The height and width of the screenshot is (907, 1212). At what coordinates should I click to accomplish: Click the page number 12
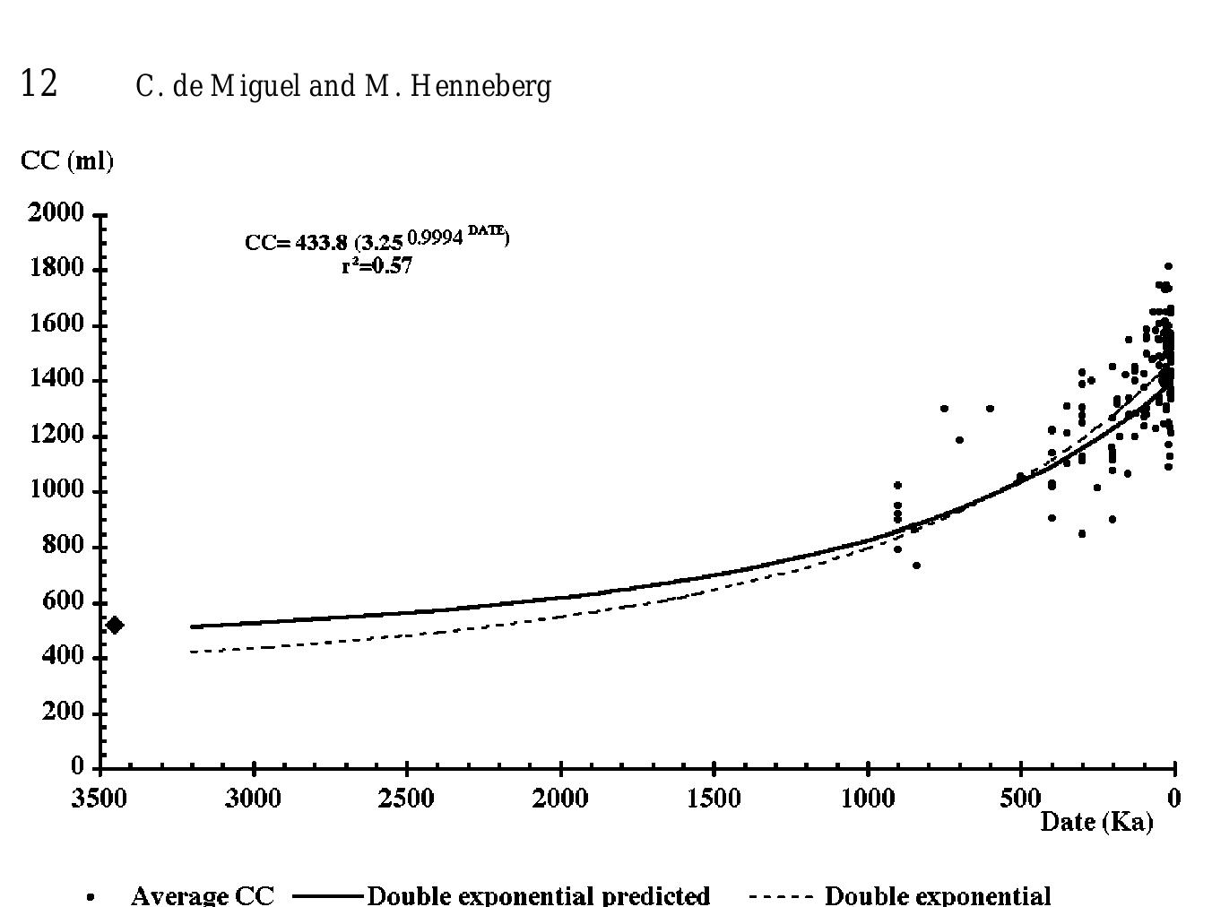pos(39,83)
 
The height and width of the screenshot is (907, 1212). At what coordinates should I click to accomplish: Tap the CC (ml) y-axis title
pos(67,161)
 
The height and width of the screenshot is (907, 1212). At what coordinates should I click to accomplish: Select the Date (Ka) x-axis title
pos(1095,821)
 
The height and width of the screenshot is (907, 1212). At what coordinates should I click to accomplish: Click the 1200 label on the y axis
pos(56,436)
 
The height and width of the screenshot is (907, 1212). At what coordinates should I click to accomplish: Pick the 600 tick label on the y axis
pos(63,601)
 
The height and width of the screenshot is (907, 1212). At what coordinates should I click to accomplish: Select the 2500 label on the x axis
pos(407,798)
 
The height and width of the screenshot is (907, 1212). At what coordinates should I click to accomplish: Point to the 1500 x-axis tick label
pos(714,798)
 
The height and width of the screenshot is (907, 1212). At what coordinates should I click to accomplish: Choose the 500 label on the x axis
pos(1020,798)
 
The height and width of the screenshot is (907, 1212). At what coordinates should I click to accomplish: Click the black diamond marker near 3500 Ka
pos(115,625)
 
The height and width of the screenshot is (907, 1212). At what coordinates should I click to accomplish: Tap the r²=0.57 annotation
pos(377,265)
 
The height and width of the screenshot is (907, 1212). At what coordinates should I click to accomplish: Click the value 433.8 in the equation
pos(321,243)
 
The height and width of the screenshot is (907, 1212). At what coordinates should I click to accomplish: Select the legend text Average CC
pos(202,895)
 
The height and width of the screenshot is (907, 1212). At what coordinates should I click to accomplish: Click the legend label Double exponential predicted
pos(539,895)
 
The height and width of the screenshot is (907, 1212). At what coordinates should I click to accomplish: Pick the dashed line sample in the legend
pos(781,895)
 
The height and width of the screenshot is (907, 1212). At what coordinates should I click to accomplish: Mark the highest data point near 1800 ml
pos(1168,266)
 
